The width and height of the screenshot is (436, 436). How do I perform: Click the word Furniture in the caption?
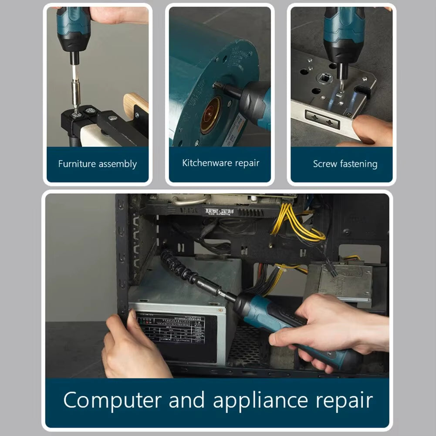click(77, 164)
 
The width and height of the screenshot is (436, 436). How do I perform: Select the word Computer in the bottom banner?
click(112, 400)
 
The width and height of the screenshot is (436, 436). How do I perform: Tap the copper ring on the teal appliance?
click(211, 115)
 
